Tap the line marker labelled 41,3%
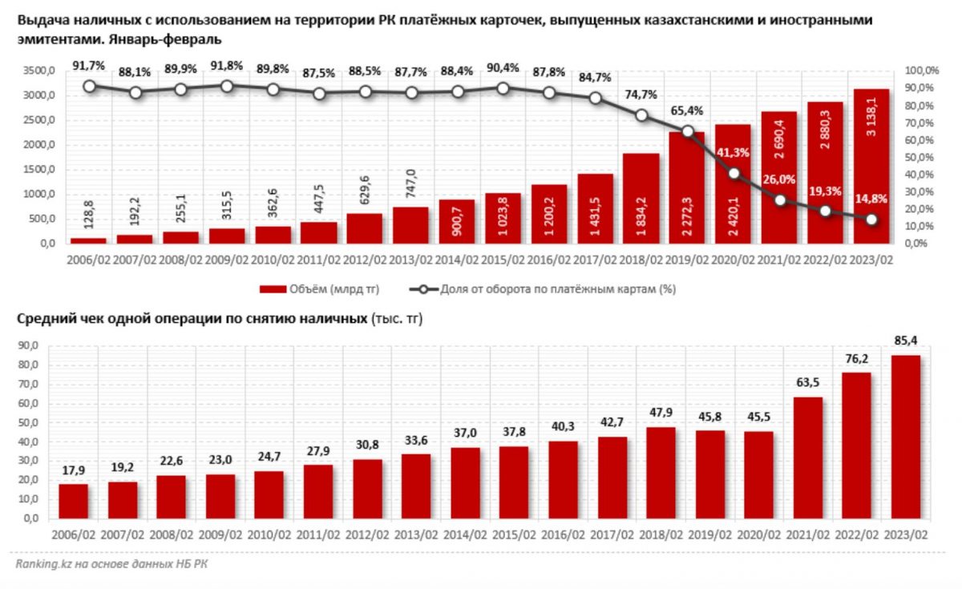pyautogui.click(x=734, y=173)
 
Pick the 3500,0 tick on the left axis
pyautogui.click(x=38, y=71)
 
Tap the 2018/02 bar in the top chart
pyautogui.click(x=641, y=198)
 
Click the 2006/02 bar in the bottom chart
pyautogui.click(x=74, y=501)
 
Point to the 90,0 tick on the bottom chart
pyautogui.click(x=28, y=346)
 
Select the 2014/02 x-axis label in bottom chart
pyautogui.click(x=464, y=534)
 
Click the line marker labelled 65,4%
pyautogui.click(x=687, y=131)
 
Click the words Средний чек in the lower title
pyautogui.click(x=56, y=319)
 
